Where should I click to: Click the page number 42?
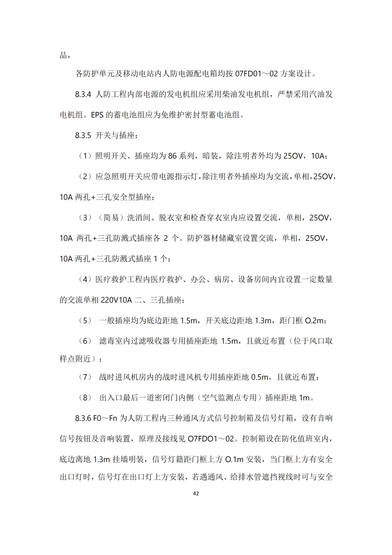click(x=196, y=494)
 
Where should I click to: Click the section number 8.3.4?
click(x=83, y=94)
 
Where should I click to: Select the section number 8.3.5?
click(x=83, y=135)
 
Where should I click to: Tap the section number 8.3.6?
click(x=83, y=418)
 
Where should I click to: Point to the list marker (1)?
click(x=85, y=156)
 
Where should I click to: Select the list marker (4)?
click(x=85, y=280)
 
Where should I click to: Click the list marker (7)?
click(x=85, y=377)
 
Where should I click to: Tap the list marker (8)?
click(x=85, y=398)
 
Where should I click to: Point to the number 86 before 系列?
click(x=172, y=156)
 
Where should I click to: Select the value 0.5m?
click(x=260, y=377)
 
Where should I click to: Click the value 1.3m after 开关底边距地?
click(x=263, y=321)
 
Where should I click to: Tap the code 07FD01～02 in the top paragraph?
click(x=257, y=74)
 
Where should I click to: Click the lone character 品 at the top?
click(x=64, y=55)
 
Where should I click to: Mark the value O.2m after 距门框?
click(x=314, y=321)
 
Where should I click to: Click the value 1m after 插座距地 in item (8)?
click(x=304, y=398)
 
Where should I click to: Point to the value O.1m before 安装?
click(x=234, y=459)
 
